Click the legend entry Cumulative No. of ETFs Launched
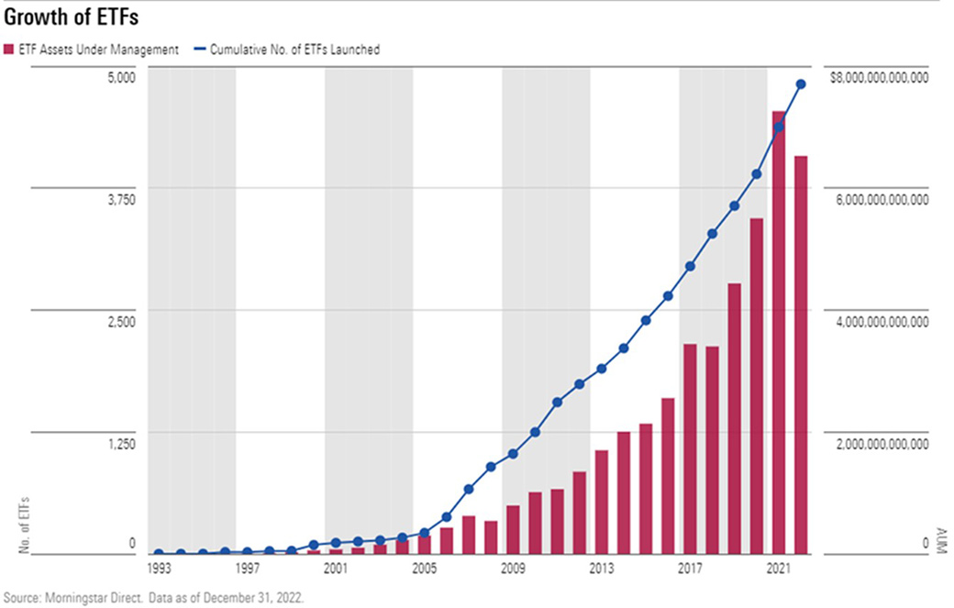(293, 50)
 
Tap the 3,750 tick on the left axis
(121, 199)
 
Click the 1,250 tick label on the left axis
(121, 444)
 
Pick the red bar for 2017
(690, 448)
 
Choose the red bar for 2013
(602, 502)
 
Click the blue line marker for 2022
(801, 84)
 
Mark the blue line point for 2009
(513, 454)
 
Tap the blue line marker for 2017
(690, 266)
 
